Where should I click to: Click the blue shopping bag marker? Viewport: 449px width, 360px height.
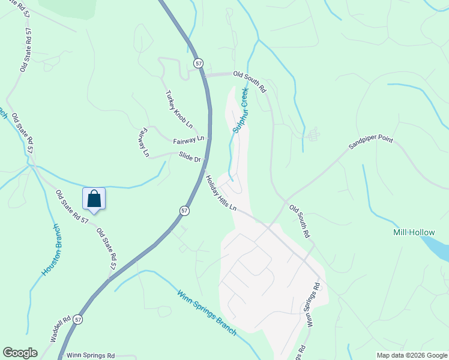click(94, 199)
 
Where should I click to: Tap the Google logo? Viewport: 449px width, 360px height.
click(20, 353)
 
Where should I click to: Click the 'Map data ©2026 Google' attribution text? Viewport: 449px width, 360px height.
click(412, 355)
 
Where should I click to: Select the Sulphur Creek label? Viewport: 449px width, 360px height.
click(241, 110)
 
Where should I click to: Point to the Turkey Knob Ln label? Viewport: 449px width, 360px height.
click(179, 109)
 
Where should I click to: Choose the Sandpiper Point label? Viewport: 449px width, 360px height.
click(372, 143)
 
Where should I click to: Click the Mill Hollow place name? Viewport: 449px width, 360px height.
click(414, 232)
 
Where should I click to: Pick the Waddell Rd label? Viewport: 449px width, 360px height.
click(61, 329)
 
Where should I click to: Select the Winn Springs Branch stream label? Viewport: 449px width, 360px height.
click(208, 312)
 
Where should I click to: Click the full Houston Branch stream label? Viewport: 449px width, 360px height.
click(51, 250)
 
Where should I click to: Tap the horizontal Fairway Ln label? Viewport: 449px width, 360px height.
click(188, 140)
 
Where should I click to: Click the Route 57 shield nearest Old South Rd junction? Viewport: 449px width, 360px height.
click(199, 63)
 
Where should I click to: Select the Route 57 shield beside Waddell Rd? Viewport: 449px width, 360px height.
click(79, 320)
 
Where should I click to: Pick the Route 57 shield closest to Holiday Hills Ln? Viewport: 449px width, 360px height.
click(185, 211)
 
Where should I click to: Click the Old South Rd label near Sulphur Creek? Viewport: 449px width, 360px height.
click(250, 81)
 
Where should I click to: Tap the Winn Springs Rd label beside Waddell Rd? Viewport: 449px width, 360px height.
click(90, 355)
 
